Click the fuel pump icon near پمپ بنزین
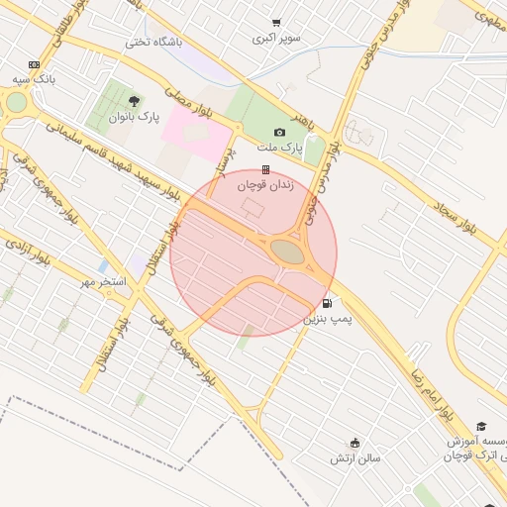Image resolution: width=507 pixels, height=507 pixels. pyautogui.click(x=327, y=303)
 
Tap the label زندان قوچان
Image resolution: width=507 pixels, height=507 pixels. pyautogui.click(x=264, y=183)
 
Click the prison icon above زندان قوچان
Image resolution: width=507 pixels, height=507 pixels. pyautogui.click(x=264, y=169)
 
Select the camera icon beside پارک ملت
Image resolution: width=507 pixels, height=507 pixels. pyautogui.click(x=279, y=133)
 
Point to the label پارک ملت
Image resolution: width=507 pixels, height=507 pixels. pyautogui.click(x=279, y=148)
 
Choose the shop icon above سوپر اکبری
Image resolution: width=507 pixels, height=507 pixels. pyautogui.click(x=275, y=23)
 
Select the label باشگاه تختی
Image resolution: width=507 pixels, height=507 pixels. pyautogui.click(x=150, y=43)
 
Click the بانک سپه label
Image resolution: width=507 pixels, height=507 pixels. pyautogui.click(x=34, y=78)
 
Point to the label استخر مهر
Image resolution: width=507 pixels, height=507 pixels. pyautogui.click(x=105, y=282)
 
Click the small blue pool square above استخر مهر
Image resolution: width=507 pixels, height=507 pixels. pyautogui.click(x=103, y=266)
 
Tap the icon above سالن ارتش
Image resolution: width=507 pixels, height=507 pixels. pyautogui.click(x=355, y=443)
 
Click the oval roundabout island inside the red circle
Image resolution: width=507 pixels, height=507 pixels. pyautogui.click(x=288, y=253)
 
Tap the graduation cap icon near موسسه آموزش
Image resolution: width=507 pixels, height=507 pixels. pyautogui.click(x=480, y=426)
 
